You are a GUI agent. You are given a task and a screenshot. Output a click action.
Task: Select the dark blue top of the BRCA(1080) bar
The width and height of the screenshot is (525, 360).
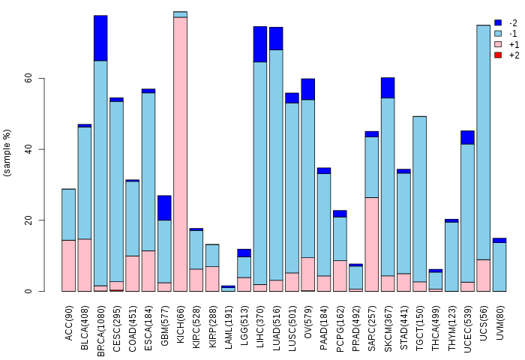(x=100, y=37)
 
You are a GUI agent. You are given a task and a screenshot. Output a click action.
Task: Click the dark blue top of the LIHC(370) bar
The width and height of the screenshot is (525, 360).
(x=260, y=43)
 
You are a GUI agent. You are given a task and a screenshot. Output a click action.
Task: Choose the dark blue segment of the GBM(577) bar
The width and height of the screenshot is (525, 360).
(x=164, y=208)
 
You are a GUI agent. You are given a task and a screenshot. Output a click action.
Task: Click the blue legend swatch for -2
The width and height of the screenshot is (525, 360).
(x=498, y=23)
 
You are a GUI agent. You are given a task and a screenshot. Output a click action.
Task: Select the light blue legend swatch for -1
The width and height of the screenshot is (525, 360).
(x=498, y=34)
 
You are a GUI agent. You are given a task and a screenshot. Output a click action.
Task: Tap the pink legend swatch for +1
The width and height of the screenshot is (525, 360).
(x=498, y=45)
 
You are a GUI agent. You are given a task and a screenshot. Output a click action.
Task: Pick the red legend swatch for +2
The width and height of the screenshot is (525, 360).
(x=498, y=55)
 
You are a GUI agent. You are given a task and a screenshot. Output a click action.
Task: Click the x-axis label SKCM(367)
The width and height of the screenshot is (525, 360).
(x=388, y=322)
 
